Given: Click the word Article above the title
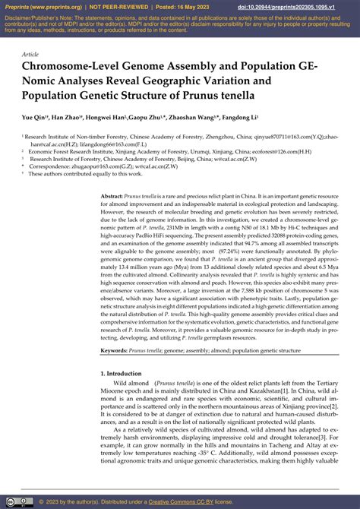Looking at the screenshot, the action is (30, 55).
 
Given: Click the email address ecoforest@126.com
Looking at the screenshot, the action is (273, 151).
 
